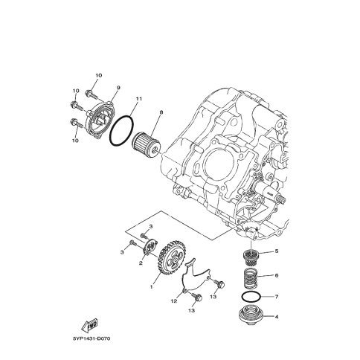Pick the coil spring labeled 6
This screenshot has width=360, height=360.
tap(251, 278)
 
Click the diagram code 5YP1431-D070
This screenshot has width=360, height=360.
tap(91, 338)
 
